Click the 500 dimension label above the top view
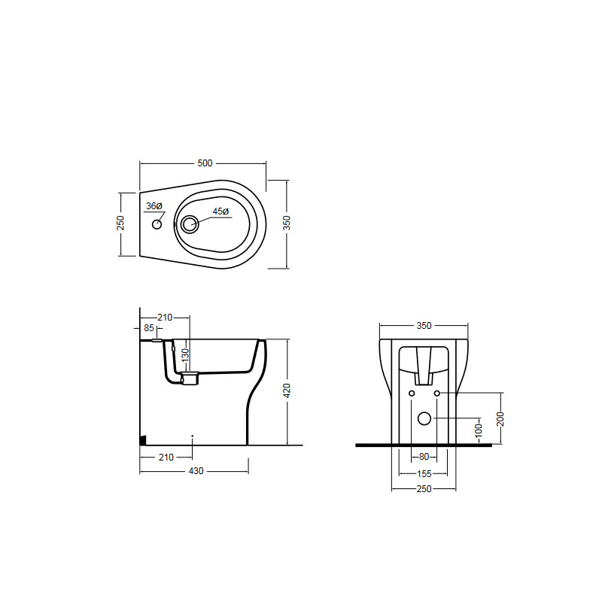click(205, 163)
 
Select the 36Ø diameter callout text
click(154, 206)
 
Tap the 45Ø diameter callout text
click(220, 211)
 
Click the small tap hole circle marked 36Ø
click(157, 224)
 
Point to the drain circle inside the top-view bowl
click(190, 223)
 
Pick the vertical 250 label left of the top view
click(120, 223)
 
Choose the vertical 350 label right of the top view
click(287, 223)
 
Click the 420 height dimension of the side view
click(287, 391)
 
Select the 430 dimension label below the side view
click(196, 471)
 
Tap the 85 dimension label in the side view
click(149, 328)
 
